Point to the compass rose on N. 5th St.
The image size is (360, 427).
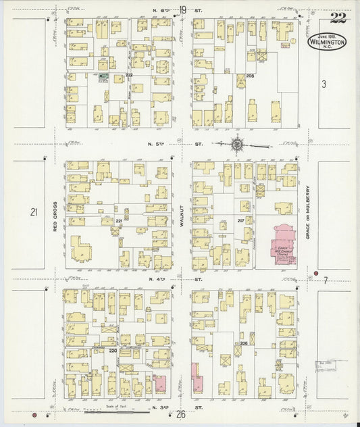coord(238,143)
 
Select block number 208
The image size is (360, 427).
coord(250,75)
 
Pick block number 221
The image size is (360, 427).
coord(119,221)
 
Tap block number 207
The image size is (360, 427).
coord(240,221)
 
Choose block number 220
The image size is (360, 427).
coord(113,351)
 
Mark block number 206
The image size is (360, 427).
coord(243,343)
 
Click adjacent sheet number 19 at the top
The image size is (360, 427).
coord(183,10)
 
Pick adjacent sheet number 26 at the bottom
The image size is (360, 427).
coord(181,414)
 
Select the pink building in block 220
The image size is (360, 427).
coord(161,383)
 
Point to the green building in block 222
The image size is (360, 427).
coord(103,77)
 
